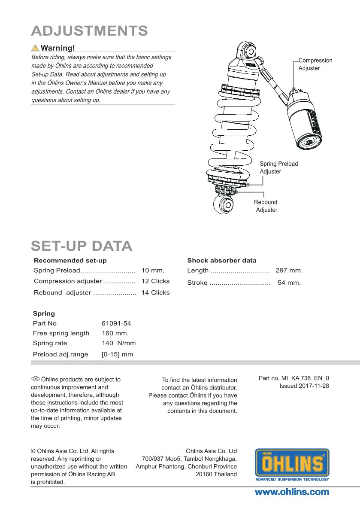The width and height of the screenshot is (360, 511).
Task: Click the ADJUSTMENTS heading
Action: [90, 30]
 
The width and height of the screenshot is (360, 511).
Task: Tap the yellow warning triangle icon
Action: [35, 48]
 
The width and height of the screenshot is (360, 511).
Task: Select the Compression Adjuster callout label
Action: [315, 64]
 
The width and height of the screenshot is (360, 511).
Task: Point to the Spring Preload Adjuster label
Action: [278, 167]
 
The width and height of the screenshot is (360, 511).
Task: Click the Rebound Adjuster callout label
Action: [266, 206]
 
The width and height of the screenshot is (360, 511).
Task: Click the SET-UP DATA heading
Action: [82, 246]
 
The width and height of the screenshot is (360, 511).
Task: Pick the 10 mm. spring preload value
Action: [153, 271]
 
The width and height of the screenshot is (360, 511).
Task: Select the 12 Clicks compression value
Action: [155, 281]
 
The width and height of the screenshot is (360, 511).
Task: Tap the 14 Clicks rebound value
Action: [155, 293]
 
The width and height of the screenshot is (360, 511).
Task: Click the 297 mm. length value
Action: [289, 271]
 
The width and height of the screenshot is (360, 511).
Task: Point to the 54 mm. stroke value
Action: [289, 283]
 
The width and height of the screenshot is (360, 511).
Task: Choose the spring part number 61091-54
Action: [116, 323]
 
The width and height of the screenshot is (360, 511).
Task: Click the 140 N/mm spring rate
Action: [118, 343]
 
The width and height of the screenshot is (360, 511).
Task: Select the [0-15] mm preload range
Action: [117, 355]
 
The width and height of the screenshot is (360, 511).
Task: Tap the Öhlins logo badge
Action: [292, 464]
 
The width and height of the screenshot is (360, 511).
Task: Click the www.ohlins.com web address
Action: [292, 492]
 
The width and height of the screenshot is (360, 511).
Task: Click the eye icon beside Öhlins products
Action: [35, 379]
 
